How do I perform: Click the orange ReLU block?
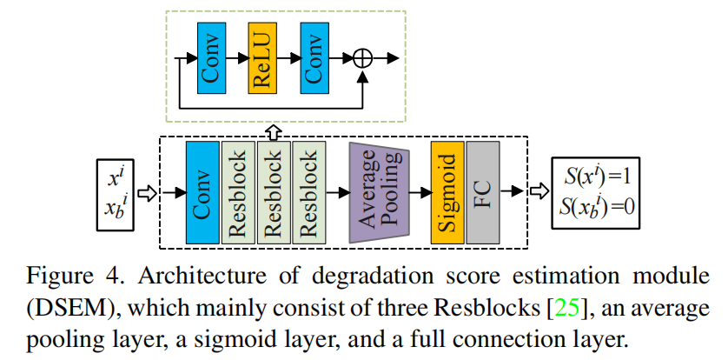click(262, 58)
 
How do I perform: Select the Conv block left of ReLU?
click(212, 58)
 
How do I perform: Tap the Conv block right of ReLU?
click(314, 58)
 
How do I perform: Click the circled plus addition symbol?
click(362, 58)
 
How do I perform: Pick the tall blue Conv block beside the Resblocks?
click(202, 192)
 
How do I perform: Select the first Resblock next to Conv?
click(239, 192)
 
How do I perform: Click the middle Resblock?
click(274, 192)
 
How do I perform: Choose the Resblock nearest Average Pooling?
click(309, 192)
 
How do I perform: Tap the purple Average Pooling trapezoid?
click(380, 192)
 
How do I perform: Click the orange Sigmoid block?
click(447, 192)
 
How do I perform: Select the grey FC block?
click(483, 192)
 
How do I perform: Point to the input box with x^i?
click(116, 194)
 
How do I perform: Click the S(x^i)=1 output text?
click(597, 178)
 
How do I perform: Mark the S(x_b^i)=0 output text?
click(597, 206)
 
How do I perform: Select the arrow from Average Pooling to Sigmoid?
click(420, 193)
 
